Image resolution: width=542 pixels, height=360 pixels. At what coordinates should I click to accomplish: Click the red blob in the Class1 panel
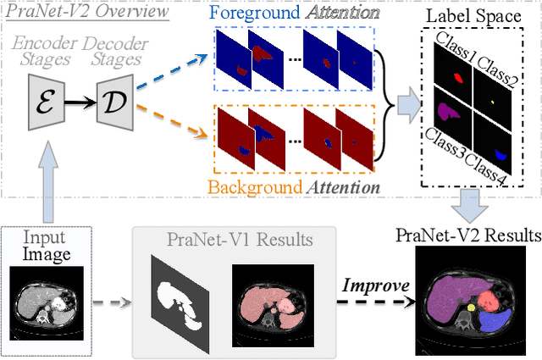[x=459, y=79]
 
